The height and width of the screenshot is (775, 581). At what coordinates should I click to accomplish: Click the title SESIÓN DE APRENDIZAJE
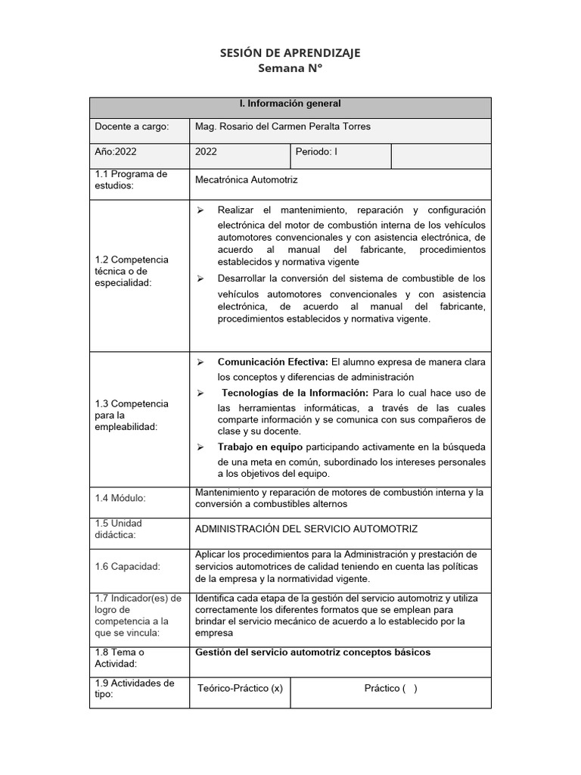pyautogui.click(x=290, y=52)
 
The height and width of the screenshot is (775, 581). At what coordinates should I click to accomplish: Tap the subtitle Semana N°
pyautogui.click(x=290, y=69)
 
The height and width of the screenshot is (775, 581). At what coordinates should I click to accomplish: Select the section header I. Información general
pyautogui.click(x=290, y=104)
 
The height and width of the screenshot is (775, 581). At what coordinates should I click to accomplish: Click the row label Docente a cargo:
pyautogui.click(x=132, y=126)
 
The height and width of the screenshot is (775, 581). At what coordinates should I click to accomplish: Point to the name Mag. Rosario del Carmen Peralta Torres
pyautogui.click(x=283, y=126)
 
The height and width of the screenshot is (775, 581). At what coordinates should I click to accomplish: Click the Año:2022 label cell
pyautogui.click(x=117, y=151)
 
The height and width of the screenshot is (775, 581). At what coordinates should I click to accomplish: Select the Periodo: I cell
pyautogui.click(x=316, y=151)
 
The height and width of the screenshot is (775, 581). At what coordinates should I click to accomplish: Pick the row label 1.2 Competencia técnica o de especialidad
pyautogui.click(x=132, y=271)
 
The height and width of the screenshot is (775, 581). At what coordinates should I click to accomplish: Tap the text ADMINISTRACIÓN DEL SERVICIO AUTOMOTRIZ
pyautogui.click(x=306, y=529)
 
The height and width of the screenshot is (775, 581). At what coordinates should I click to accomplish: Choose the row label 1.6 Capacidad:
pyautogui.click(x=128, y=566)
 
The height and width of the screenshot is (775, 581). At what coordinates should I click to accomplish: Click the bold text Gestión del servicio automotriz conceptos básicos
pyautogui.click(x=313, y=652)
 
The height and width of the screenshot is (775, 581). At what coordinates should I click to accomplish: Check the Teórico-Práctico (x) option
pyautogui.click(x=240, y=689)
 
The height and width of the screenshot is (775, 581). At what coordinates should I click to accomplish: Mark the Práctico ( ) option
pyautogui.click(x=390, y=689)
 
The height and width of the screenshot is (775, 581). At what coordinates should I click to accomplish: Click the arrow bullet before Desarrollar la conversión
pyautogui.click(x=200, y=279)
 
